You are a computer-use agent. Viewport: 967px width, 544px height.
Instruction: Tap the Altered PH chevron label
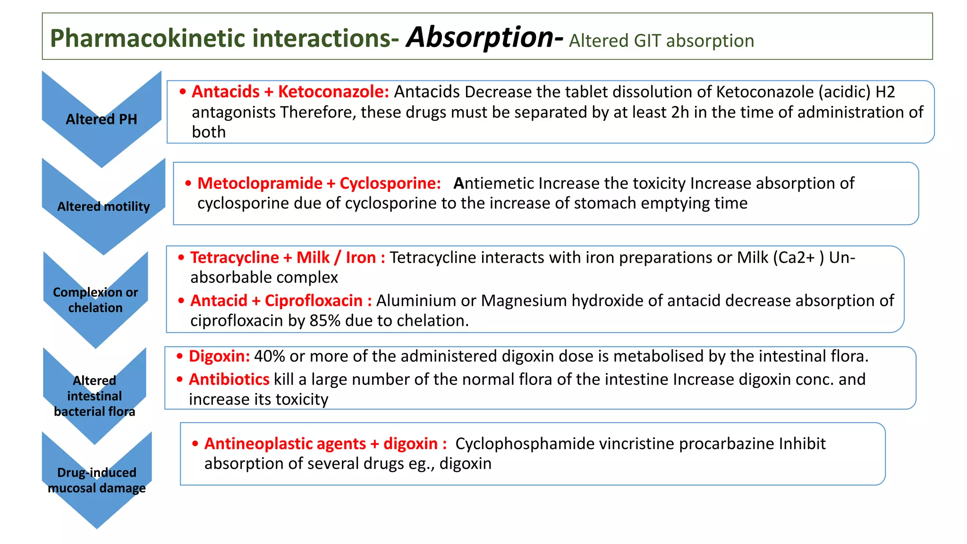[101, 119]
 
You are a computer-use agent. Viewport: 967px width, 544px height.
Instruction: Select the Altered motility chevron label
[103, 206]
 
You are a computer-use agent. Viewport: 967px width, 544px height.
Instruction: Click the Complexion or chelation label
[95, 300]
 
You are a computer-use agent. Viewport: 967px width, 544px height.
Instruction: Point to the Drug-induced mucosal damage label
[97, 480]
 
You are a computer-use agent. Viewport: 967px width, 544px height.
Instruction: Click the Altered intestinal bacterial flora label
[94, 396]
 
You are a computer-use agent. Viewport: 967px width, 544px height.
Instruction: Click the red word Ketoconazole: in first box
[333, 92]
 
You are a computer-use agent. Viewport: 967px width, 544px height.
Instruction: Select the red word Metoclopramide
[260, 183]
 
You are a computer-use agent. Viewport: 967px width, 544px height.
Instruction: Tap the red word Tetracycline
[235, 257]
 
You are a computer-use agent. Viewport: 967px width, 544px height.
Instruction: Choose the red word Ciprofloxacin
[314, 300]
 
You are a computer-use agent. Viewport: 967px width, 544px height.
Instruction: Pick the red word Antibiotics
[229, 379]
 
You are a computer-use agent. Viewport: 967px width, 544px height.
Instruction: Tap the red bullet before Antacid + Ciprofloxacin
[181, 301]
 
